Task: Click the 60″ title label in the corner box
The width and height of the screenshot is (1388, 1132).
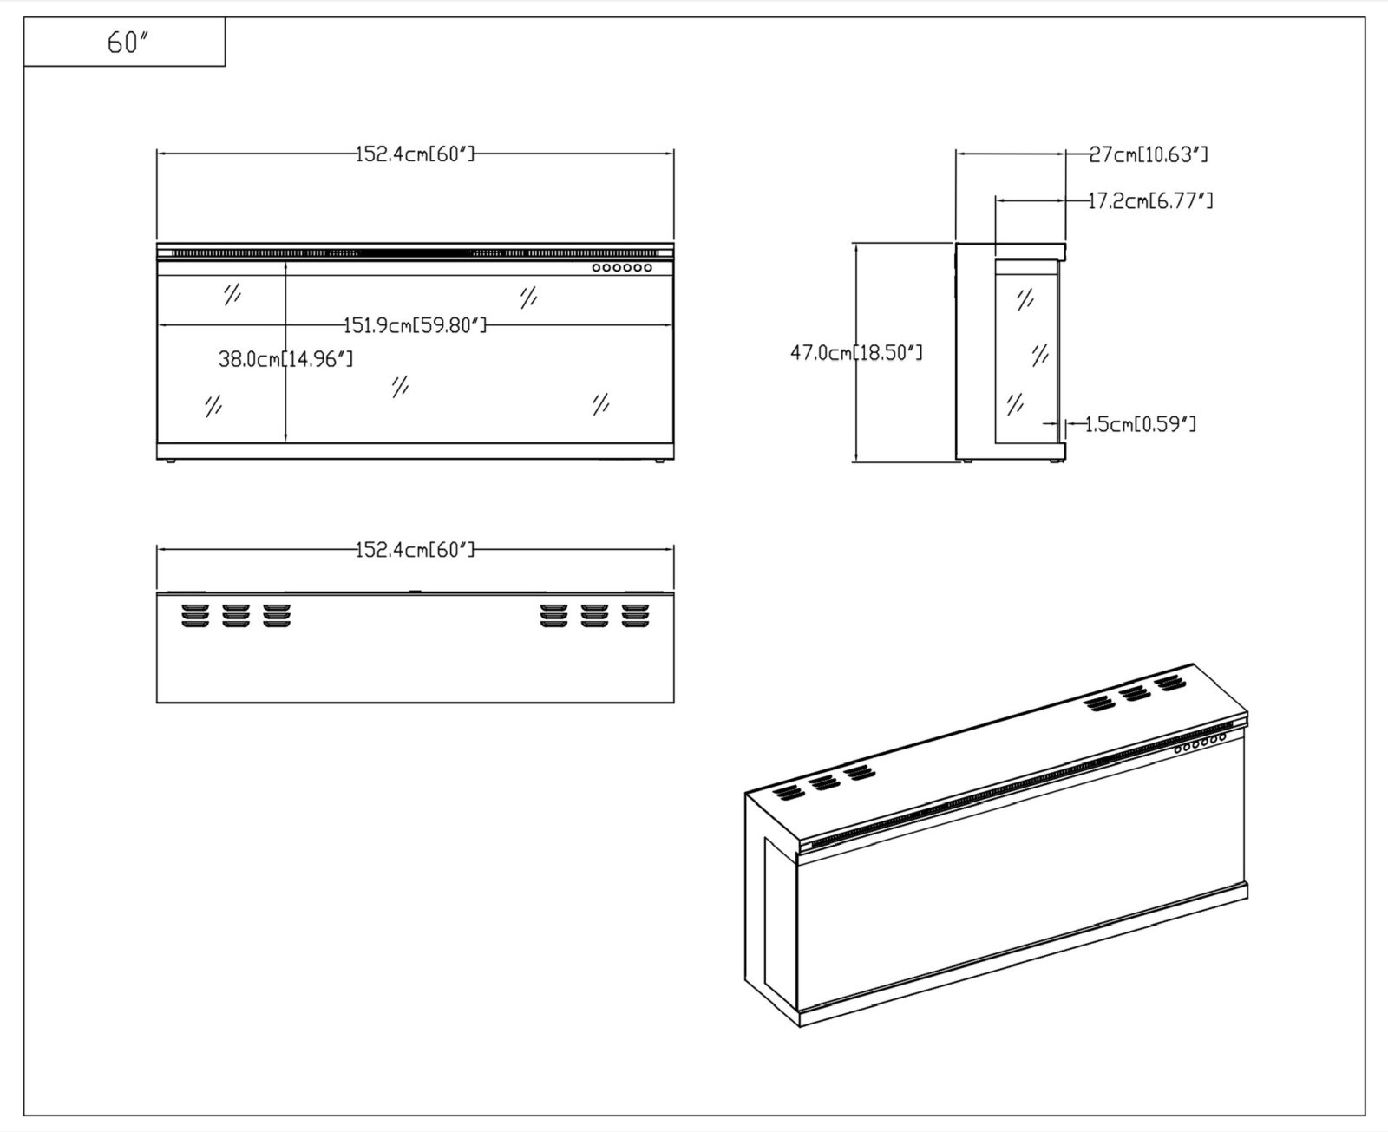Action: tap(128, 43)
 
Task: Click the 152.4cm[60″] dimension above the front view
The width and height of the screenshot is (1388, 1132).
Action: tap(415, 154)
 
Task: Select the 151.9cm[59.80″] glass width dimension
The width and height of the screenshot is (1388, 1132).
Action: tap(415, 325)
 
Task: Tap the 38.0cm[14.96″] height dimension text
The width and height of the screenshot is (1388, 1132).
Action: tap(285, 359)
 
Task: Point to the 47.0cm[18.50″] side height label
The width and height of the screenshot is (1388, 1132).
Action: tap(856, 353)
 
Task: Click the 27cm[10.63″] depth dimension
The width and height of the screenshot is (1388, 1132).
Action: tap(1149, 154)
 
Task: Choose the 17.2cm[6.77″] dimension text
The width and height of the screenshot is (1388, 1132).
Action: tap(1149, 200)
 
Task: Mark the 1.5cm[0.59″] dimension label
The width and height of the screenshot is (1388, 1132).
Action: tap(1140, 424)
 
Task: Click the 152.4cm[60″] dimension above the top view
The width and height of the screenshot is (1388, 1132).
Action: tap(415, 550)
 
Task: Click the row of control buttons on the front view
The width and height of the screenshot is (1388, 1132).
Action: tap(622, 268)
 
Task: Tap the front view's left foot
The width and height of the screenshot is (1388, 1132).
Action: tap(171, 461)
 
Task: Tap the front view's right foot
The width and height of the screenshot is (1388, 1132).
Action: tap(659, 461)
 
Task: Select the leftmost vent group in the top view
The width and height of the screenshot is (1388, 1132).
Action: tap(195, 616)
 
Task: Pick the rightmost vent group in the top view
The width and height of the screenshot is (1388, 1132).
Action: tap(635, 616)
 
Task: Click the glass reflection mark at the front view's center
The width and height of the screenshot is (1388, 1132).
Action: tap(400, 386)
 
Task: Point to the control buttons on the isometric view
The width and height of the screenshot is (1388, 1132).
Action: tap(1200, 743)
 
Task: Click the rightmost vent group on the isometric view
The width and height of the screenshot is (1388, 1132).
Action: tap(1170, 684)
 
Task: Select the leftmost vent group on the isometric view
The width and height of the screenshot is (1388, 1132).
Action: tap(788, 793)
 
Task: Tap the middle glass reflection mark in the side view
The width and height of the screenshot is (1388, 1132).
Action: tap(1040, 356)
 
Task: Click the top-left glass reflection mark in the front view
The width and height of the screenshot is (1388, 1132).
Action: tap(232, 294)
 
